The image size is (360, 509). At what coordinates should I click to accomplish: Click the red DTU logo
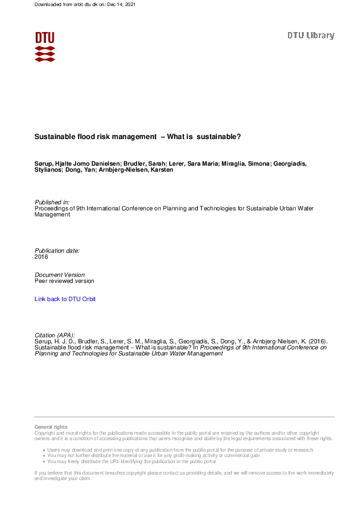pyautogui.click(x=45, y=46)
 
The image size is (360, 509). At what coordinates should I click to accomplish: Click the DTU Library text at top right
pyautogui.click(x=310, y=36)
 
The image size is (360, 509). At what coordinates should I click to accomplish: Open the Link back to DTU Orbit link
pyautogui.click(x=65, y=299)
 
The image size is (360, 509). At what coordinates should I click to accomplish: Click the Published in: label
pyautogui.click(x=52, y=202)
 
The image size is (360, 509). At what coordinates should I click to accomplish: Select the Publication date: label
pyautogui.click(x=57, y=250)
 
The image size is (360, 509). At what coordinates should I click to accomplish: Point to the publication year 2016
pyautogui.click(x=41, y=256)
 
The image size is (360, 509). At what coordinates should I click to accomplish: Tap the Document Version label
pyautogui.click(x=59, y=274)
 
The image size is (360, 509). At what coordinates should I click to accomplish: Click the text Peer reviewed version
pyautogui.click(x=64, y=281)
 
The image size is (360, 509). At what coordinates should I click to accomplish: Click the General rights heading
pyautogui.click(x=51, y=427)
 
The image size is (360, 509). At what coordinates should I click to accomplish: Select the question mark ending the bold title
pyautogui.click(x=239, y=137)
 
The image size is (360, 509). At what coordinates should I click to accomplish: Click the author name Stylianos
pyautogui.click(x=48, y=170)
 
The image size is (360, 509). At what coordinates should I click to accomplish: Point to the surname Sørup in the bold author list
pyautogui.click(x=44, y=163)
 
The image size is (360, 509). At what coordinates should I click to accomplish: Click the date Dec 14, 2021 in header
pyautogui.click(x=121, y=4)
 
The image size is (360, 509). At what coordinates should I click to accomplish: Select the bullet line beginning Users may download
pyautogui.click(x=182, y=450)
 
